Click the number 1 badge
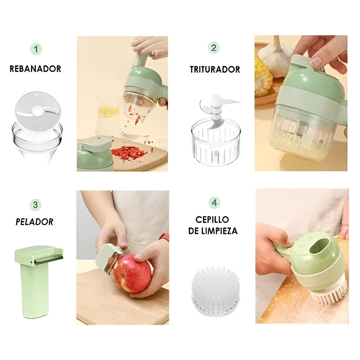[x=36, y=49]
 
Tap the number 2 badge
[x=213, y=48]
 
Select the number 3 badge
[x=35, y=204]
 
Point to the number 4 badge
[x=214, y=203]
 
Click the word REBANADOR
[x=35, y=69]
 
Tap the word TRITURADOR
[x=215, y=69]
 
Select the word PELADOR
[x=35, y=222]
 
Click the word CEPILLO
[x=212, y=220]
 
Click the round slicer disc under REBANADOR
[x=38, y=112]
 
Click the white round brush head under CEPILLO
[x=215, y=291]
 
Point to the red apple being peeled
[x=132, y=273]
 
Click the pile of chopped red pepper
[x=128, y=153]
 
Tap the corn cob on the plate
[x=263, y=75]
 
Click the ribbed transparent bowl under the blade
[x=215, y=142]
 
